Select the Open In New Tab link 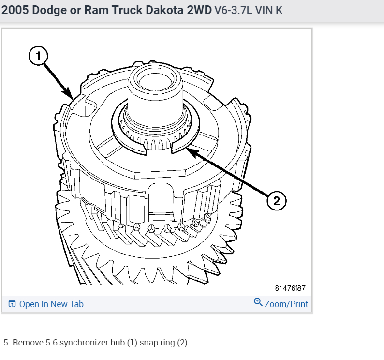click(x=51, y=304)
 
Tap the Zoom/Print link click(x=286, y=304)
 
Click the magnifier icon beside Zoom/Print click(x=258, y=303)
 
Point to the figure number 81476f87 click(x=290, y=288)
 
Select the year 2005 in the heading click(x=15, y=10)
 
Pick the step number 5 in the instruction click(x=6, y=343)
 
